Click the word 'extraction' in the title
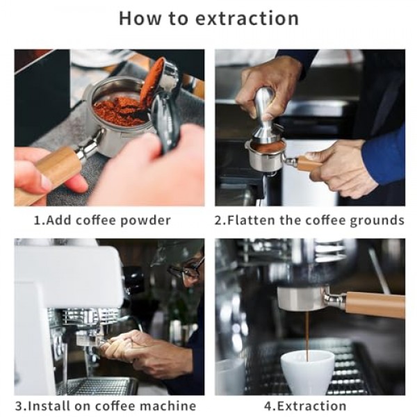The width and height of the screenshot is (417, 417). point(247,18)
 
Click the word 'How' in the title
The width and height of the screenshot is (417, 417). point(140,18)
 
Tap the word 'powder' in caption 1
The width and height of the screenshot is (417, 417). point(145,221)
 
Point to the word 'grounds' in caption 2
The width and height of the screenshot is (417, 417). point(377,221)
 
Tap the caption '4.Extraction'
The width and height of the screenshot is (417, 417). point(305,406)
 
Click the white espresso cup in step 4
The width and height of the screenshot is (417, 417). point(307,372)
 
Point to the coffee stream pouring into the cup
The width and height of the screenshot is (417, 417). point(307,336)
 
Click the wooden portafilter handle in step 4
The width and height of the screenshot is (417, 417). point(375,305)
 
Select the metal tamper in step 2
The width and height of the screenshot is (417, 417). point(265,116)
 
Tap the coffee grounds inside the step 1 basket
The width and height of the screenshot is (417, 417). point(120,111)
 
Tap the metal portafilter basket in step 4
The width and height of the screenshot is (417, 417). point(301,298)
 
